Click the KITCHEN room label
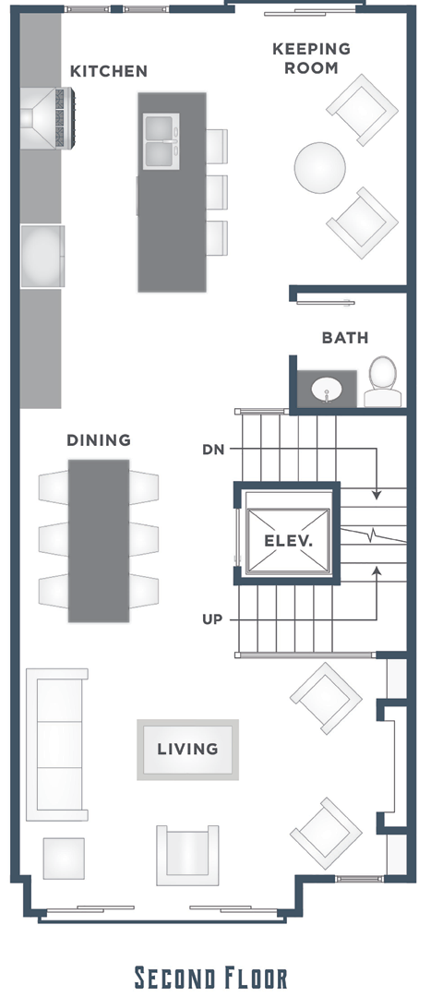coord(109,71)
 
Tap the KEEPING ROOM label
coord(312,58)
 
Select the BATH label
coord(345,338)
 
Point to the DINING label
coord(99,440)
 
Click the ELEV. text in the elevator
coord(289,542)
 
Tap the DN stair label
coord(213,450)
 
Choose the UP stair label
coord(212,619)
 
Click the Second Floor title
coord(211,978)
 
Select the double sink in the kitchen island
coord(161,141)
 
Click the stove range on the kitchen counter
coord(48,118)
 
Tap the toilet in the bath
coord(383,381)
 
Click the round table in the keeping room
coord(319,168)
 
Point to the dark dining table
coord(99,540)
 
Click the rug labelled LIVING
coord(188,750)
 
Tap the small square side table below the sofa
coord(64,859)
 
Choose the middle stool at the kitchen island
coord(217,192)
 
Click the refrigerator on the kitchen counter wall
coord(42,257)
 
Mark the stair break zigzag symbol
coord(373,534)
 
